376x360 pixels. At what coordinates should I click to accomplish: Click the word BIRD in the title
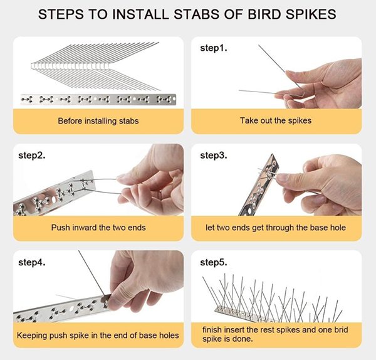pyautogui.click(x=264, y=14)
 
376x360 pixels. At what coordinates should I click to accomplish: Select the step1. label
pyautogui.click(x=214, y=48)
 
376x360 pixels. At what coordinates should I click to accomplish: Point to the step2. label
pyautogui.click(x=32, y=156)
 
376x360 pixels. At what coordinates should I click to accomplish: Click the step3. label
pyautogui.click(x=214, y=156)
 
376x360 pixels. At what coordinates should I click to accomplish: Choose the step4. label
pyautogui.click(x=32, y=262)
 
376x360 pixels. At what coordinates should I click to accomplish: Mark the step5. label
pyautogui.click(x=214, y=262)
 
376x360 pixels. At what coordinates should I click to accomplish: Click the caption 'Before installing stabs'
pyautogui.click(x=98, y=120)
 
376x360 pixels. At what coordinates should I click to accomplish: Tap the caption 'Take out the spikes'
pyautogui.click(x=276, y=120)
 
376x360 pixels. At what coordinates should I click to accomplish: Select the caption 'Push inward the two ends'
pyautogui.click(x=98, y=228)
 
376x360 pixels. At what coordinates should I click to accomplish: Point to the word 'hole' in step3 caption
pyautogui.click(x=338, y=228)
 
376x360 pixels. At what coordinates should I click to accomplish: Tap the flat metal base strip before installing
pyautogui.click(x=98, y=99)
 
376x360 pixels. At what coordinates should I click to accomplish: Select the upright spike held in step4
pyautogui.click(x=92, y=273)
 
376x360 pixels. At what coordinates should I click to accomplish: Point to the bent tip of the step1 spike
pyautogui.click(x=300, y=94)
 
